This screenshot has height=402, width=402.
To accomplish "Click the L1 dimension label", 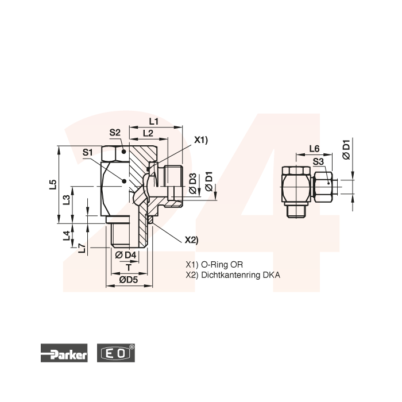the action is [x=154, y=121].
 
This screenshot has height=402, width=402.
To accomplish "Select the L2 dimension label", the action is [x=148, y=133].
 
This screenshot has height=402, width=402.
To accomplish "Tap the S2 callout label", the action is [x=115, y=133].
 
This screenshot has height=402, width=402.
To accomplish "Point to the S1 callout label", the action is [x=87, y=152].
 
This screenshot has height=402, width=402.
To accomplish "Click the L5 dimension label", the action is [x=53, y=184].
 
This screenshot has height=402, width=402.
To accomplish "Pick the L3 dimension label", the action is [x=67, y=200].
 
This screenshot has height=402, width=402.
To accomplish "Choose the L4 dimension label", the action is [x=67, y=235].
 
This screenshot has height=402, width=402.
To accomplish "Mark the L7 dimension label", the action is [x=82, y=248].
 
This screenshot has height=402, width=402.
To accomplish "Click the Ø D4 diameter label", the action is [x=125, y=255].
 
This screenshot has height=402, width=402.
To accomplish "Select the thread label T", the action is [x=129, y=268].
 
